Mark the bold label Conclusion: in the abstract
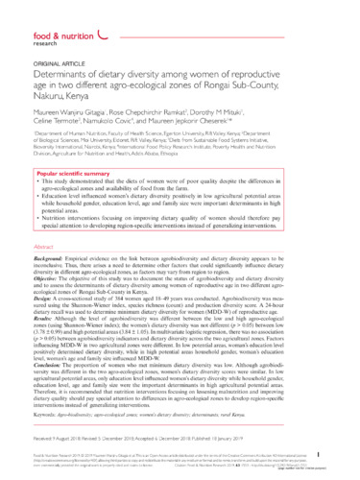pos(51,386)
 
